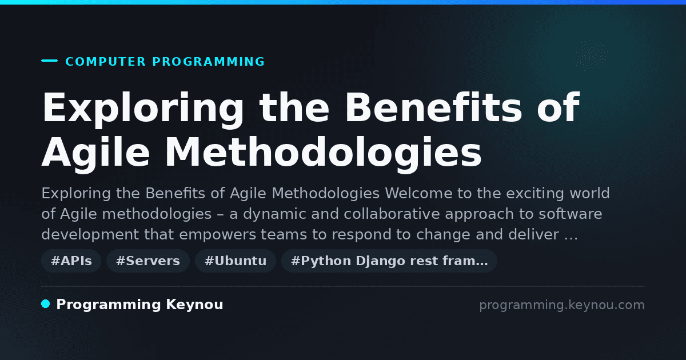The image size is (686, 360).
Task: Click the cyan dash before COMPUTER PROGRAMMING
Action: click(49, 61)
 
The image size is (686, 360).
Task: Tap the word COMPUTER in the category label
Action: click(105, 62)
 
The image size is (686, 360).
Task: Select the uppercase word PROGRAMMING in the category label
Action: click(208, 62)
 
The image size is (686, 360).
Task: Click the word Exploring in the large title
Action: click(143, 109)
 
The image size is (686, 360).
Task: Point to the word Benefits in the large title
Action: click(433, 107)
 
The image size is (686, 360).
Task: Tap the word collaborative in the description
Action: click(392, 214)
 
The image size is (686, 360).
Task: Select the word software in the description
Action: click(571, 214)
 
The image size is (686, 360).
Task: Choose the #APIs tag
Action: click(71, 261)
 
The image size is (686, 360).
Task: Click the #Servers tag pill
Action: click(148, 261)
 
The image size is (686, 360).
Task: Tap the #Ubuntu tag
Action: click(236, 261)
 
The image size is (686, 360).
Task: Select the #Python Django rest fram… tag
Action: click(389, 261)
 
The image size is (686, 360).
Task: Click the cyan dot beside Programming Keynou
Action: click(45, 304)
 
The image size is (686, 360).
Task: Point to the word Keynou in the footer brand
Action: click(194, 305)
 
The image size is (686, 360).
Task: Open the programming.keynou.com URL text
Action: click(562, 305)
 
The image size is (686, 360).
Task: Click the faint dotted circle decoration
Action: click(591, 57)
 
